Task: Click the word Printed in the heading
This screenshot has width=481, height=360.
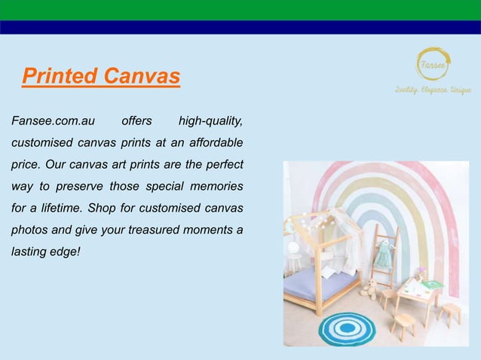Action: (x=60, y=76)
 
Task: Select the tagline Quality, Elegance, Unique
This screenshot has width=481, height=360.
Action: (x=434, y=90)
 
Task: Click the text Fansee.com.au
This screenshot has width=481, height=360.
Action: (x=47, y=121)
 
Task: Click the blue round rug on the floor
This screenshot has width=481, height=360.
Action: (x=347, y=328)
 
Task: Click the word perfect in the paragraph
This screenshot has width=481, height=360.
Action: (x=225, y=164)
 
